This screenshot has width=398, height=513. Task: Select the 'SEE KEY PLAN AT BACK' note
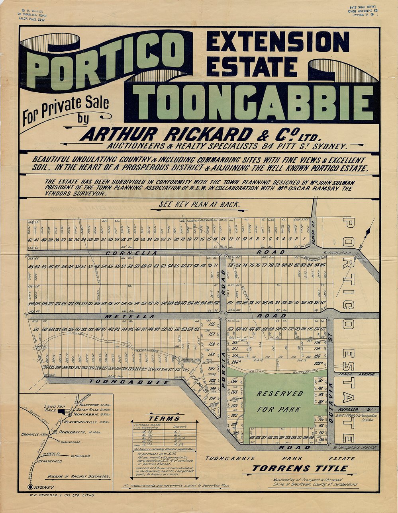coord(199,205)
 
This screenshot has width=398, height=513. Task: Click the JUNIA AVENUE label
coord(356,374)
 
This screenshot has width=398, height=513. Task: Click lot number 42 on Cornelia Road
coord(30,240)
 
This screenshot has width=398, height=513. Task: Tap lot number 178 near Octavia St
coord(317,342)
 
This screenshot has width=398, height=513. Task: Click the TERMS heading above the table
coord(164,418)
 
